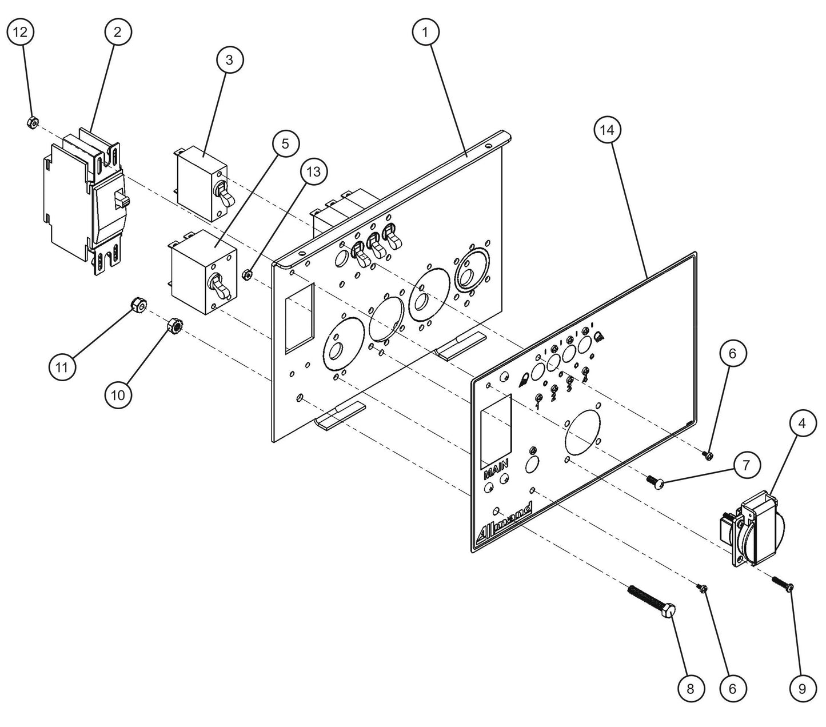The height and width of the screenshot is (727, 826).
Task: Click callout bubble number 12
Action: tap(20, 33)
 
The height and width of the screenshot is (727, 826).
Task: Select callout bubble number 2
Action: tap(117, 33)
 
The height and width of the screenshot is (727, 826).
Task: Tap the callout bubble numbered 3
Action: tap(229, 60)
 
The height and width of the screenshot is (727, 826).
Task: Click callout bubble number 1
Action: tap(425, 33)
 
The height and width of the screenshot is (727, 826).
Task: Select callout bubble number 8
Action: tap(690, 689)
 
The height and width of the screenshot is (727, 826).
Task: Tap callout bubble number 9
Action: tap(802, 689)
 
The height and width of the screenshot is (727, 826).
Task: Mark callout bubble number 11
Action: tap(62, 368)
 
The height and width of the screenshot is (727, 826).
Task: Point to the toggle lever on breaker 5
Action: tap(221, 286)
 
